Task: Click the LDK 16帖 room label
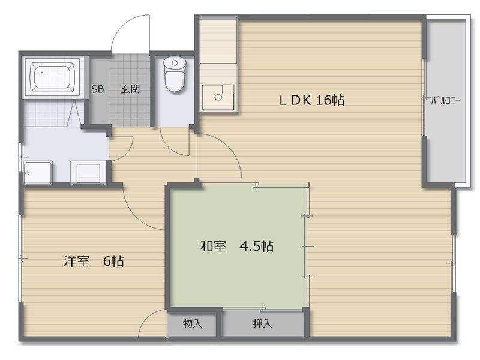coord(312,100)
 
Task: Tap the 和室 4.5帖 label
coord(237,246)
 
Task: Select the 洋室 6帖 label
coord(94,261)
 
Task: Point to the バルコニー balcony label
coord(445,100)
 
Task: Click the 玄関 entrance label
coord(130,89)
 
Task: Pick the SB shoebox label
coord(98,89)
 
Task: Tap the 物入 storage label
coord(193,323)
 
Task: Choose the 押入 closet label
coord(263,323)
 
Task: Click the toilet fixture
coord(175,74)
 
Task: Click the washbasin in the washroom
coord(38,173)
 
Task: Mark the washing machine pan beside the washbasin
coord(88,173)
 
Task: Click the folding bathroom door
coord(74,113)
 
